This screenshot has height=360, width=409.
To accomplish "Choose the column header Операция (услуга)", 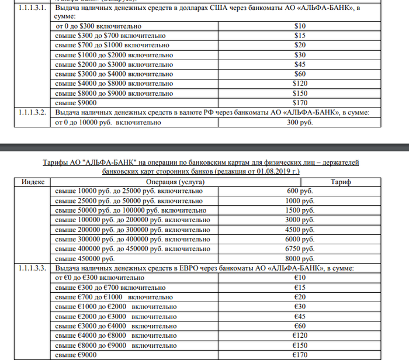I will coord(187,182).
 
